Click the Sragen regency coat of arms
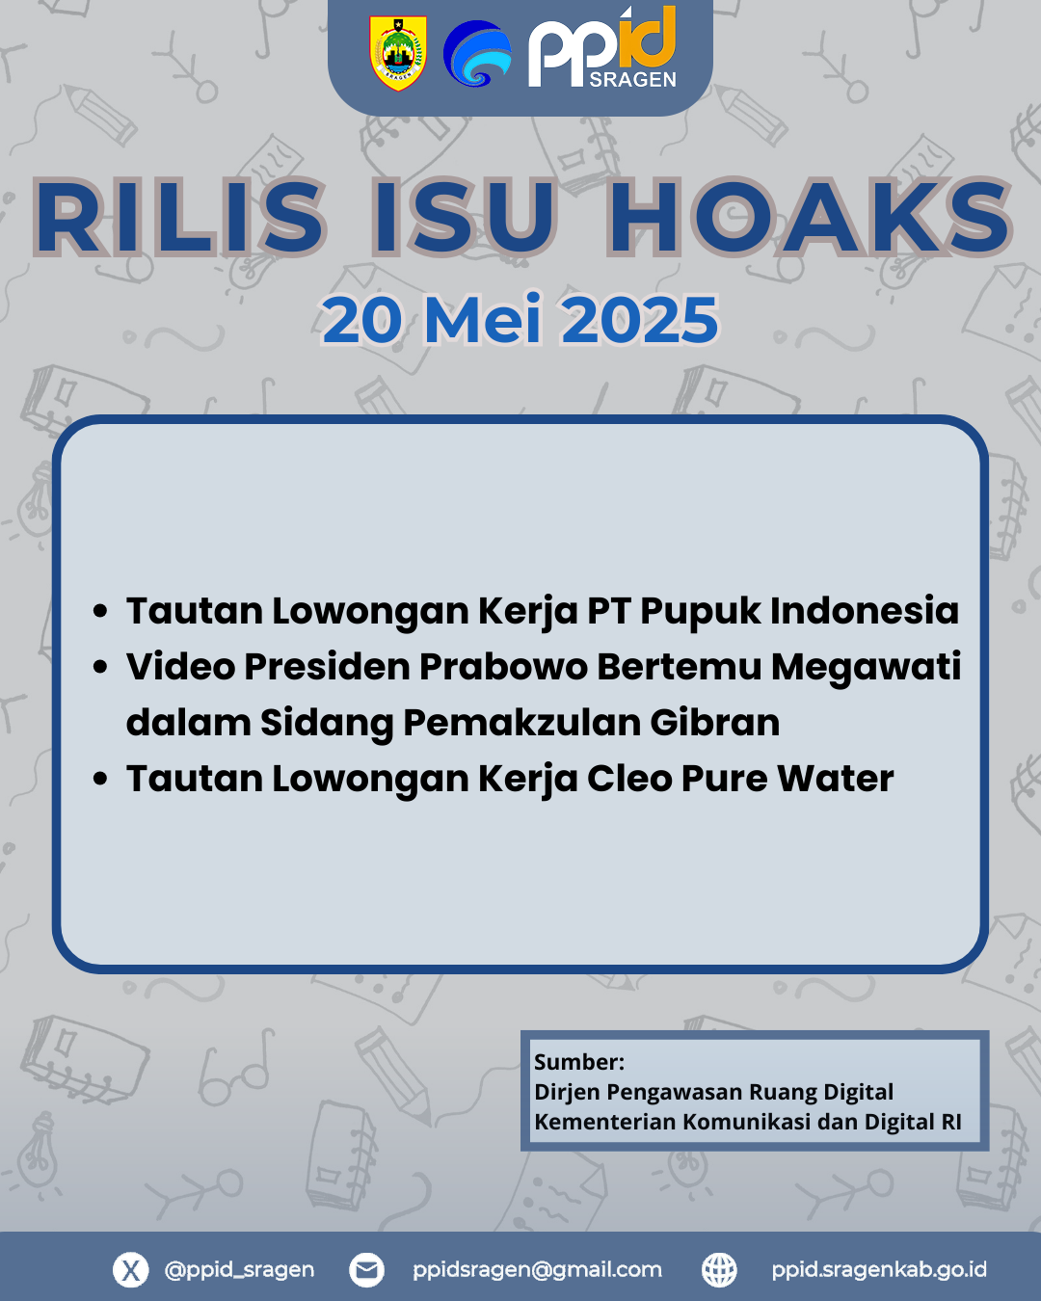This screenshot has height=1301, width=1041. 398,53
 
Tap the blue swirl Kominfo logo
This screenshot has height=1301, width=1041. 477,53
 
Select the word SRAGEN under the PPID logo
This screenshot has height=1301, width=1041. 632,80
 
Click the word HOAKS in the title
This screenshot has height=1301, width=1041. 810,217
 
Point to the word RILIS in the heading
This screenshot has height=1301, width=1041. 179,217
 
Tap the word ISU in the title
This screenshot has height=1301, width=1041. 464,217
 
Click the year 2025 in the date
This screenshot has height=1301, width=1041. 640,320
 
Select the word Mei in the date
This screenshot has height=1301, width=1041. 483,320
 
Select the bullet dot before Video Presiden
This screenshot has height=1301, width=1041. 100,668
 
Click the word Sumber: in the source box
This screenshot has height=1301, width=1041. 579,1062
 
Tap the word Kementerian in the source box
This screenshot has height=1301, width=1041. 605,1122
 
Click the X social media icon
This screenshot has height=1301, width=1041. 131,1270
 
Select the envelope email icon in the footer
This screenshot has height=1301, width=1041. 366,1270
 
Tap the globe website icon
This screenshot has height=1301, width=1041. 719,1270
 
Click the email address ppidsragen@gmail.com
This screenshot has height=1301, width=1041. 537,1270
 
